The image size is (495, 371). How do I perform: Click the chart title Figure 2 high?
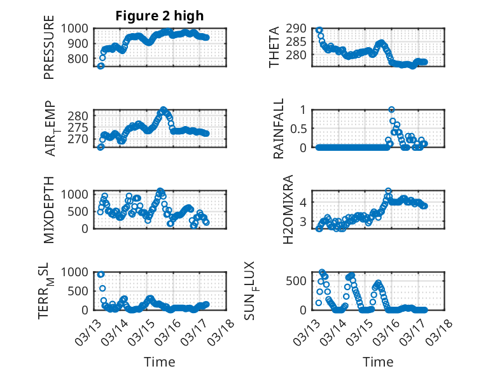coord(160,16)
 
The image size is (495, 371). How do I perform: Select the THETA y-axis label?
coord(274,46)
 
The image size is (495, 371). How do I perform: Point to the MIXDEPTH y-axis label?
coord(49,209)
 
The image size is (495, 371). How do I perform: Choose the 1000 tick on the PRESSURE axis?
coord(77,28)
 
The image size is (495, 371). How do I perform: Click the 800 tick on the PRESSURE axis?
coord(81,59)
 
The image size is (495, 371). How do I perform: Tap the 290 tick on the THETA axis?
coord(297,29)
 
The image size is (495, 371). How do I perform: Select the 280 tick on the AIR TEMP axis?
coord(81,116)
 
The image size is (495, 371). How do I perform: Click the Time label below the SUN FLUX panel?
coord(378,361)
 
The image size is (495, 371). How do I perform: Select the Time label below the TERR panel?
coord(160,361)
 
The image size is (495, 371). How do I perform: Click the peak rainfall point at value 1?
coord(391,109)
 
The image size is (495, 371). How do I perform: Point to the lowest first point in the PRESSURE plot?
coord(101,66)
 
